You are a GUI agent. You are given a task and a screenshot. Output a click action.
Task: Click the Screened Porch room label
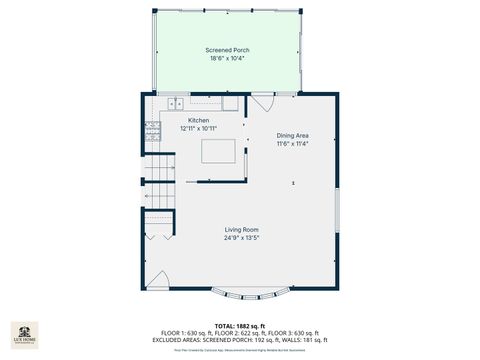[227, 50]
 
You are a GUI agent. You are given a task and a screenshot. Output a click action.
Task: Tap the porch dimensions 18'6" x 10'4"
[227, 58]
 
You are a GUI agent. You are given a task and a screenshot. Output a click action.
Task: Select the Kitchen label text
[199, 120]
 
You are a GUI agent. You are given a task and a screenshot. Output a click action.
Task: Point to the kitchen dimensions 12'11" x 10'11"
[199, 128]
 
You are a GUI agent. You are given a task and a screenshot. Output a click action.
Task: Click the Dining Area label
[292, 135]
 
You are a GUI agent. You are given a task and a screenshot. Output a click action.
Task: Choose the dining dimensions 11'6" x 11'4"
[292, 143]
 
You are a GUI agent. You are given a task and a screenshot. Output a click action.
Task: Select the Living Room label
[241, 230]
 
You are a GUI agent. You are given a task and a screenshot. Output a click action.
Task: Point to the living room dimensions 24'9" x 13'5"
[241, 238]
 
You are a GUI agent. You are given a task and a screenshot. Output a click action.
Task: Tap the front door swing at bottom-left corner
[157, 280]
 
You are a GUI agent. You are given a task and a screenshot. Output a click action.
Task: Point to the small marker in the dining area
[293, 183]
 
